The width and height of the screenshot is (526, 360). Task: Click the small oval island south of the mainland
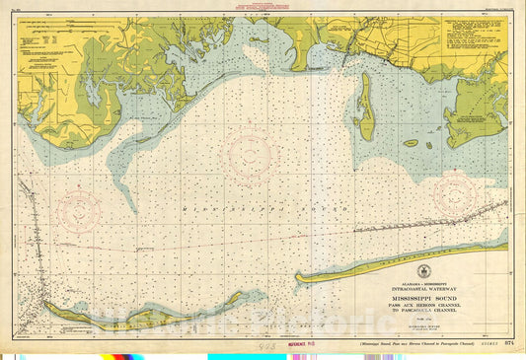[411, 143]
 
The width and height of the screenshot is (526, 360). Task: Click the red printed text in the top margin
[243, 9]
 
